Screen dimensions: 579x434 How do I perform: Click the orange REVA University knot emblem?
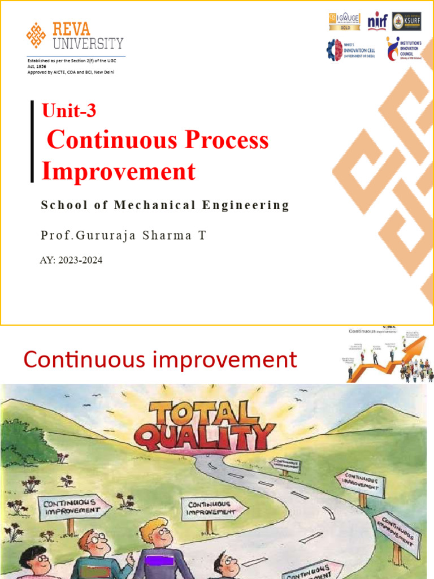36,35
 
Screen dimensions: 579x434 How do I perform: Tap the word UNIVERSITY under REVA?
88,44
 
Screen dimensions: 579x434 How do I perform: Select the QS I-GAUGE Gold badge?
344,21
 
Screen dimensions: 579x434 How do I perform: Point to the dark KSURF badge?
406,21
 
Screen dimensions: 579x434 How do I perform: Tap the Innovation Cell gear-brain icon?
334,50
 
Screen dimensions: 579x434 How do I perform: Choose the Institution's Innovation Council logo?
392,49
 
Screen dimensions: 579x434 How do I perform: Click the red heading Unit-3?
69,111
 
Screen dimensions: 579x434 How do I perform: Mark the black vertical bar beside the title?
33,141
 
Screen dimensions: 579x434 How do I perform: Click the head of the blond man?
155,532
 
